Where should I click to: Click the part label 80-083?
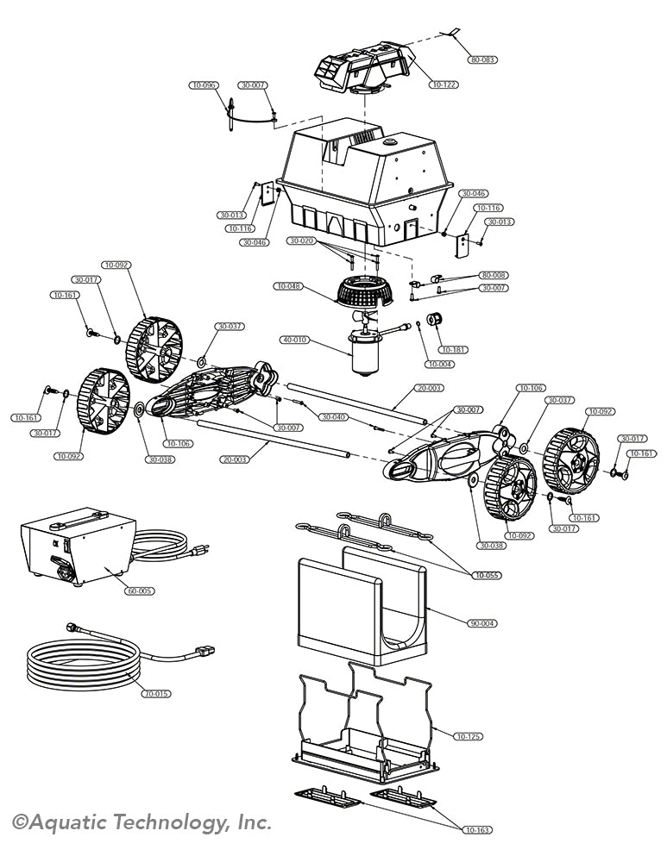click(483, 60)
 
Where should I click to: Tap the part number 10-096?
click(205, 85)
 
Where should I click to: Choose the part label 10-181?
click(454, 349)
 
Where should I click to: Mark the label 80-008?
click(494, 275)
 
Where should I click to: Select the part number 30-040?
click(334, 416)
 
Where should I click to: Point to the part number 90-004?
click(481, 622)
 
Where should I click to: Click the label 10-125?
click(469, 736)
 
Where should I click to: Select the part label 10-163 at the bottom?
click(475, 829)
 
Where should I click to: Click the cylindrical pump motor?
click(365, 352)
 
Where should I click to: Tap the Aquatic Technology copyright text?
click(142, 822)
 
